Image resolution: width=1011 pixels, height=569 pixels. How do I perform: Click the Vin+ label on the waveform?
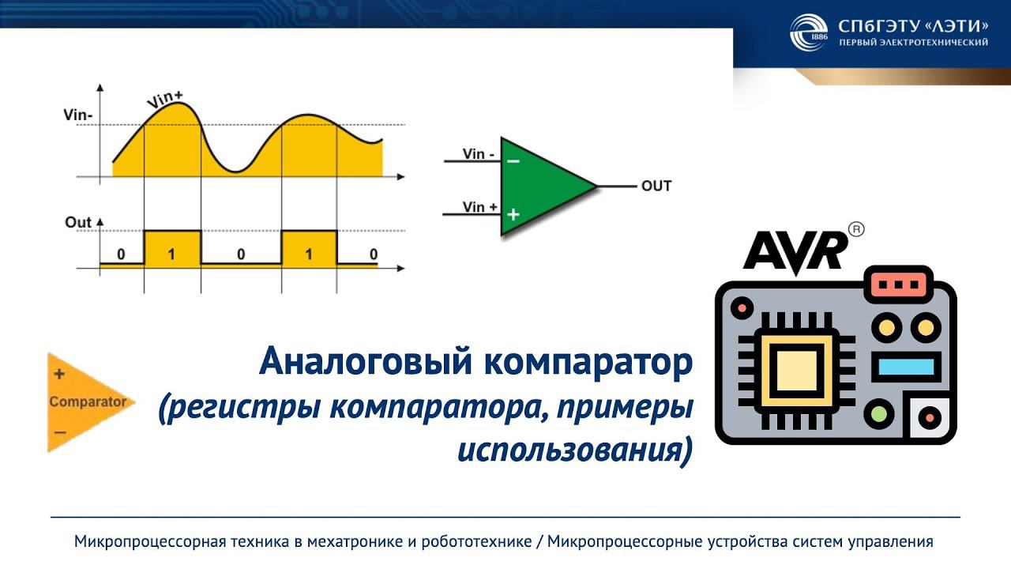point(165,100)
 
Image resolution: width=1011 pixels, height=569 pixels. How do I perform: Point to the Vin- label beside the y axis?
point(78,115)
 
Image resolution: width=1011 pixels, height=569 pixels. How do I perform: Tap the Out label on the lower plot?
point(78,222)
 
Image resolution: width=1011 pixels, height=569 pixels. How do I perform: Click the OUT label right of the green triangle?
point(656,187)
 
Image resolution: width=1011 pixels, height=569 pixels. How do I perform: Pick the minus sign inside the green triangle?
point(513,161)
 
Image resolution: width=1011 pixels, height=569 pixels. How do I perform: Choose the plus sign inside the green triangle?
point(513,213)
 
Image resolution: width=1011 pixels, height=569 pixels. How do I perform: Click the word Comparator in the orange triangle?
point(88,401)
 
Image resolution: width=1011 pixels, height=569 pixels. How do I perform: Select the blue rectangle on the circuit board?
point(905,367)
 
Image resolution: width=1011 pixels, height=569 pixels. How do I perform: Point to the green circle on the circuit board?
point(879,413)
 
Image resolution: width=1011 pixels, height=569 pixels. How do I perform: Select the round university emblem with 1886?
point(808,32)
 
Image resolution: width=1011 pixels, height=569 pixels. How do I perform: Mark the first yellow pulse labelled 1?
point(172,249)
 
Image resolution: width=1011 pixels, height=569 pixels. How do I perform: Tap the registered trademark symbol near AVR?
point(855,229)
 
